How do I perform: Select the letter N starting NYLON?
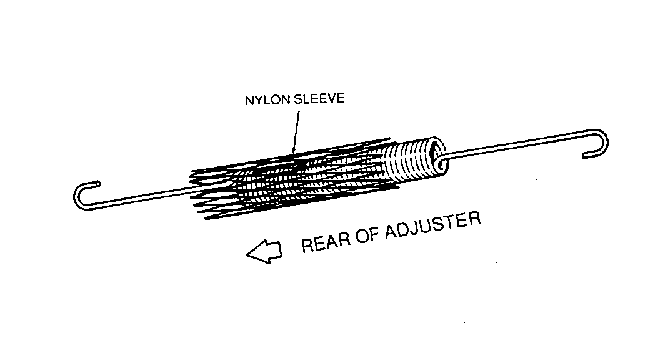click(248, 101)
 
